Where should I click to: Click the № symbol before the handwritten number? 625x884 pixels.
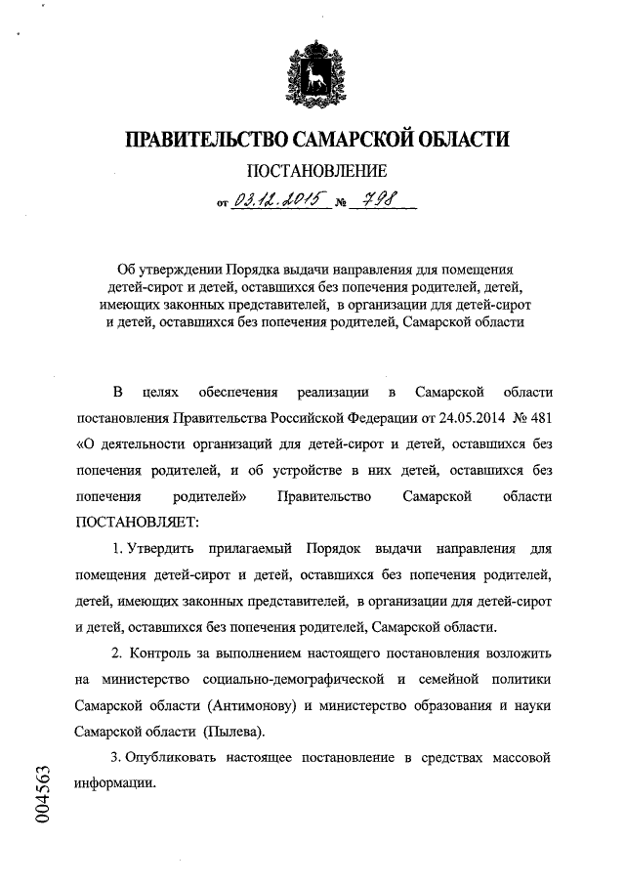341,206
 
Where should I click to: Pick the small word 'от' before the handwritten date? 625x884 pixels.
223,206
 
